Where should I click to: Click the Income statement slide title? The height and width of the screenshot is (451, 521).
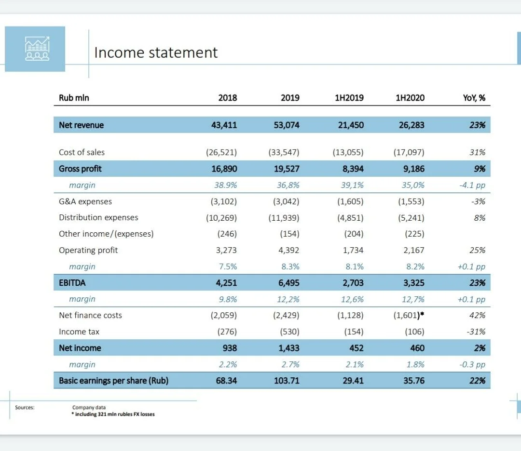point(156,53)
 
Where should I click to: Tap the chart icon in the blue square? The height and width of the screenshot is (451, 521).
point(37,49)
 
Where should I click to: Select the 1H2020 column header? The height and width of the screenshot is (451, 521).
point(410,98)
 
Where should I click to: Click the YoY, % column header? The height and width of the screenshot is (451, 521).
point(474,98)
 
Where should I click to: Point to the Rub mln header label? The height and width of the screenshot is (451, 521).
point(74,98)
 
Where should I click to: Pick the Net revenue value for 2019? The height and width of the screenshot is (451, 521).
point(287,125)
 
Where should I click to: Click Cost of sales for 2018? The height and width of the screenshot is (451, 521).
point(221,152)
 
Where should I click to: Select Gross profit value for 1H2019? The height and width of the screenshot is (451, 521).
point(353,169)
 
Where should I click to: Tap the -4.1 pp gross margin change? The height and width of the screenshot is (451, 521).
point(472,185)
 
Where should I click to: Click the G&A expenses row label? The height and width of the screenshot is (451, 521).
point(85,201)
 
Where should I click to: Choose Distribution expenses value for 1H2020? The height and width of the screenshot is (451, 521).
point(411,218)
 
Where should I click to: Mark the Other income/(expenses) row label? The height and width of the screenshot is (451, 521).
point(106,234)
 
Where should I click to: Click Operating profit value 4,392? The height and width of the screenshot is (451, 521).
point(289,250)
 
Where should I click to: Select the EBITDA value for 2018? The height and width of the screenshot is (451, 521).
point(226,283)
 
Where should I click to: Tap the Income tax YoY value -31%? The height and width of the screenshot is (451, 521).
point(476,332)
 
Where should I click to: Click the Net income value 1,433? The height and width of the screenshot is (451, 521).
point(289,348)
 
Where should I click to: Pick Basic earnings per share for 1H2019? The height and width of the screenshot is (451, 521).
point(353,381)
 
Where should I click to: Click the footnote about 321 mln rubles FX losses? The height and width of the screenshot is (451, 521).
point(113,414)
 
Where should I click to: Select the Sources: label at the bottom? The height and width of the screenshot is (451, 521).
point(25,408)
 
